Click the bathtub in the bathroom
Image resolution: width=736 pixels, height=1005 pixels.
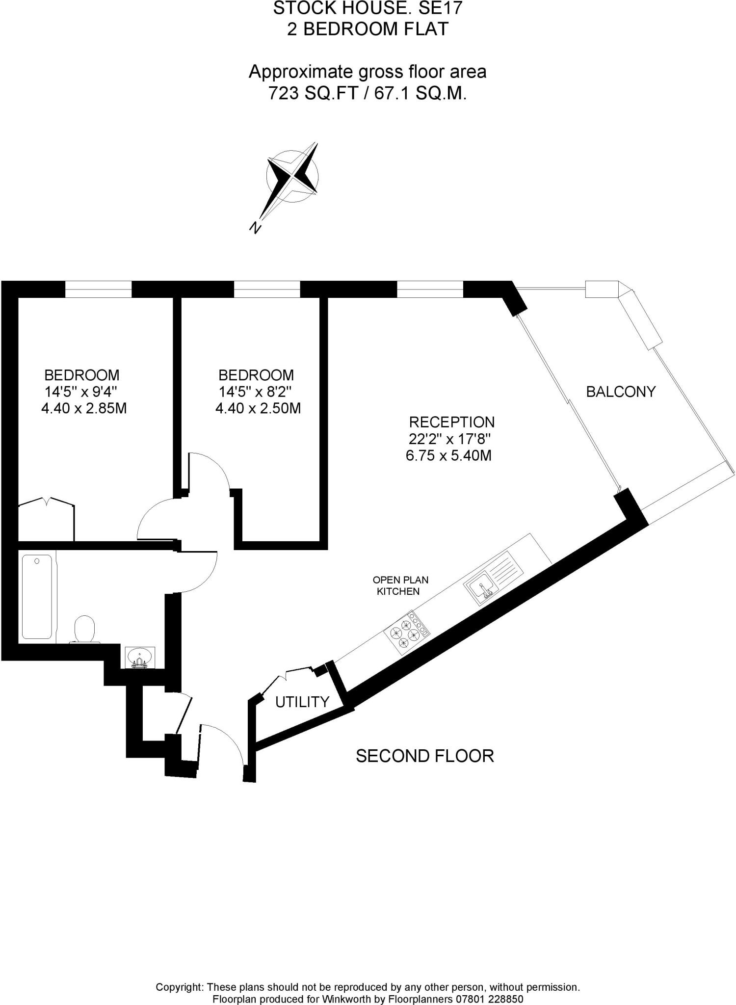click(x=37, y=596)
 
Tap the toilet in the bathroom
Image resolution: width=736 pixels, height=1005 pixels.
click(x=84, y=630)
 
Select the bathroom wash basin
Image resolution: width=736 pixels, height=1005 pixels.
click(x=140, y=657)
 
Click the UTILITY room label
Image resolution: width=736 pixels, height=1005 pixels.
click(x=302, y=702)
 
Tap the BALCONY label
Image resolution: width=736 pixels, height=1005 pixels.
click(x=621, y=392)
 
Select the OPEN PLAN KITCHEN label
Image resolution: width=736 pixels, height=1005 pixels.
click(x=400, y=585)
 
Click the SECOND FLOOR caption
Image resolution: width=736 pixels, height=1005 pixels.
click(x=424, y=756)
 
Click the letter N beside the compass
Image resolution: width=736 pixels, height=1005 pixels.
click(x=255, y=227)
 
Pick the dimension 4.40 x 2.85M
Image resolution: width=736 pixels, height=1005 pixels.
click(x=84, y=408)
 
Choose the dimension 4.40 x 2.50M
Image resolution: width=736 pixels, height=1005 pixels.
click(x=258, y=408)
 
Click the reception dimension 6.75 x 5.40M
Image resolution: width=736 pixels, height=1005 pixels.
click(x=448, y=456)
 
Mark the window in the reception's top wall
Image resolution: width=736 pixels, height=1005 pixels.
click(x=430, y=290)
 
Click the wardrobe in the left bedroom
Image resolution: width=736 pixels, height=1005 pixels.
click(x=46, y=521)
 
